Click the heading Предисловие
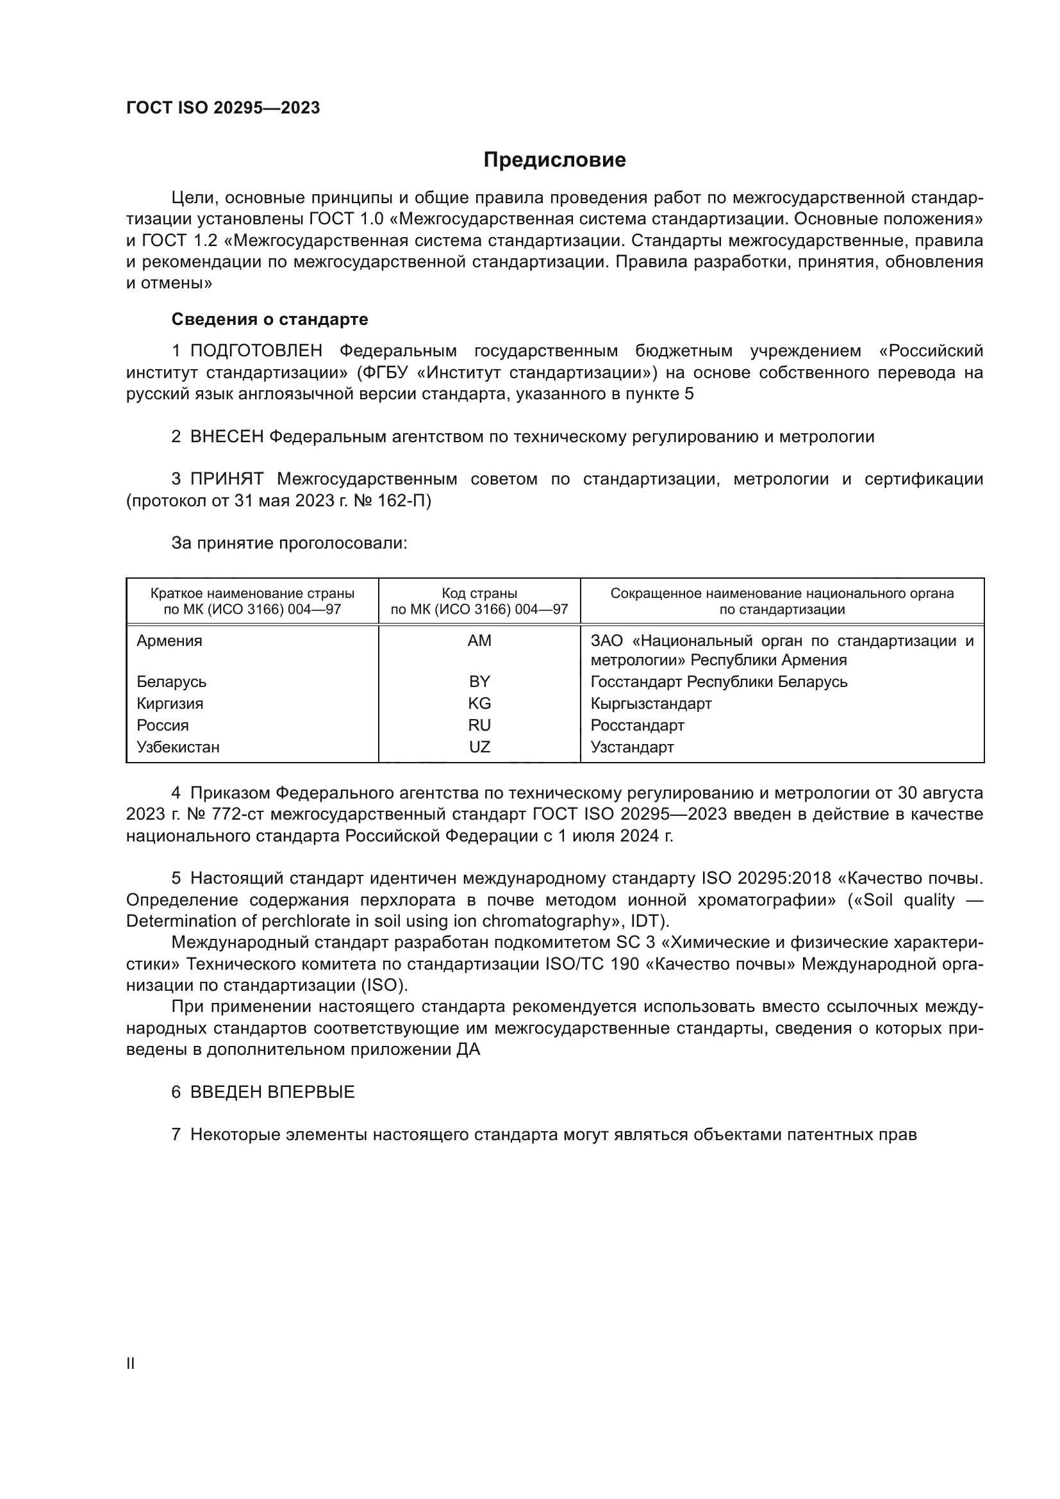point(554,160)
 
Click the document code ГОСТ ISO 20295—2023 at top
point(222,108)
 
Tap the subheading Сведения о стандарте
point(270,319)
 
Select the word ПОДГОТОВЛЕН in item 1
point(256,351)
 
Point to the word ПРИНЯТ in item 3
point(226,479)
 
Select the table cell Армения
point(169,640)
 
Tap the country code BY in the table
point(479,682)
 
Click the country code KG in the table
point(479,703)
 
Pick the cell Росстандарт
point(637,725)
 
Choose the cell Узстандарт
point(632,747)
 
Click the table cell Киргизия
point(170,703)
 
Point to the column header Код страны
point(479,593)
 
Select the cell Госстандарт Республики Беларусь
point(718,682)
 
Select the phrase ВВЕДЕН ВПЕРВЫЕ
point(272,1092)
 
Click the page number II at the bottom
point(131,1364)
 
